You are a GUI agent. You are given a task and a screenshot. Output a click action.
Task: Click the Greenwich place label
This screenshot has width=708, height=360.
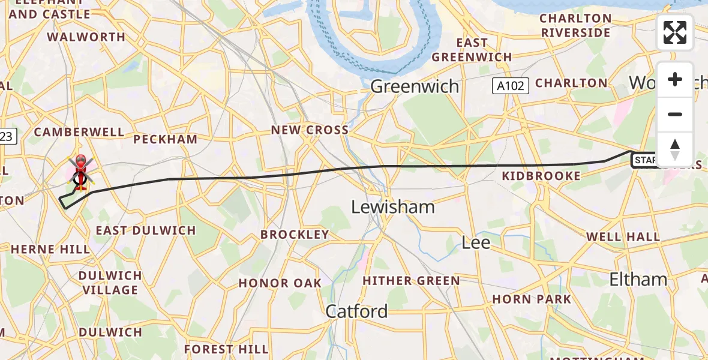pyautogui.click(x=415, y=86)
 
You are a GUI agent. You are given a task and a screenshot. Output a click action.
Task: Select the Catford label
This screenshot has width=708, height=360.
pyautogui.click(x=356, y=311)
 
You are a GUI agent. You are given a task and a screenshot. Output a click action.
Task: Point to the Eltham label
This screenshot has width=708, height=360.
pyautogui.click(x=638, y=279)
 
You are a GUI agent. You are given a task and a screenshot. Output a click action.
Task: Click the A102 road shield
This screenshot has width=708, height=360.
pyautogui.click(x=511, y=86)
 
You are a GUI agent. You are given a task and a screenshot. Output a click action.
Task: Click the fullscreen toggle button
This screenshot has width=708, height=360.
pyautogui.click(x=675, y=32)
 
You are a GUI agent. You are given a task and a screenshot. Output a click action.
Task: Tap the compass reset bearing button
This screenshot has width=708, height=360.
pyautogui.click(x=675, y=149)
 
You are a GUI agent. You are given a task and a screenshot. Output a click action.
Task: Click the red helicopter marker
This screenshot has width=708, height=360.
pyautogui.click(x=80, y=170)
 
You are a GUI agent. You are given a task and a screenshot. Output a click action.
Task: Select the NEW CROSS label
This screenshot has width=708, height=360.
pyautogui.click(x=310, y=130)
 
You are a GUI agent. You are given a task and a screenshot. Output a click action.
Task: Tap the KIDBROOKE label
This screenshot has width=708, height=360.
pyautogui.click(x=541, y=176)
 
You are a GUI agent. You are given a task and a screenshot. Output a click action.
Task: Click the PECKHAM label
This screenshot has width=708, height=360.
pyautogui.click(x=165, y=139)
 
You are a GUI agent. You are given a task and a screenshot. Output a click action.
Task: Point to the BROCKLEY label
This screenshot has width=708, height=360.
pyautogui.click(x=295, y=235)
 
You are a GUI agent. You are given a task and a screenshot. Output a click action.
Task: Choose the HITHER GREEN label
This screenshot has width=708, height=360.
pyautogui.click(x=411, y=281)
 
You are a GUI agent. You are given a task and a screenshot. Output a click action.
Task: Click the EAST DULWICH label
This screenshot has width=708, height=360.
pyautogui.click(x=146, y=230)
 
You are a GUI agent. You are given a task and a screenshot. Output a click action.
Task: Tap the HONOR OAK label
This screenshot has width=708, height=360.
pyautogui.click(x=280, y=283)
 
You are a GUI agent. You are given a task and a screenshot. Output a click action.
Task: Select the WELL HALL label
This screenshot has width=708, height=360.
pyautogui.click(x=623, y=237)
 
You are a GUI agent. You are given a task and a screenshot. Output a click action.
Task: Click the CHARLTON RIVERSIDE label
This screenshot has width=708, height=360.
pyautogui.click(x=575, y=25)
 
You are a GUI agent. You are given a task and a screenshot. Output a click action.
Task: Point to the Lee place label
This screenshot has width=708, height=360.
pyautogui.click(x=476, y=243)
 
